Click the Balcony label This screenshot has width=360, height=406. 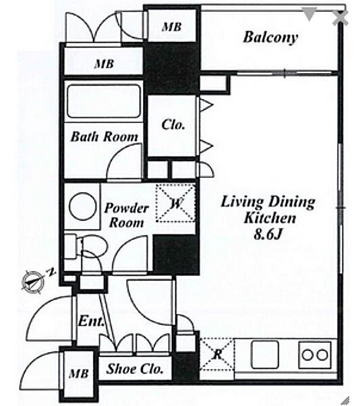coord(271,37)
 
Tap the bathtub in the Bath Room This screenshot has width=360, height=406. coord(104,101)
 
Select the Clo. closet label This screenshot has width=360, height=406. coord(173,125)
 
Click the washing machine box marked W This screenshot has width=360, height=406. coord(175,203)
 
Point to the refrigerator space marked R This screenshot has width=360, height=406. coord(217,354)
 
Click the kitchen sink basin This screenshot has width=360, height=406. coord(265,355)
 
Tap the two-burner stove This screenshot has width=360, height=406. coord(315,355)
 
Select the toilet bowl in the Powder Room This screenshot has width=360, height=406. coord(93,246)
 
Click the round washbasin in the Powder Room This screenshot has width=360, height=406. coord(83,206)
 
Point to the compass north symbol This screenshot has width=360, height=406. coord(32,281)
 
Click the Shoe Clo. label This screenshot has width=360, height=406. coord(135,369)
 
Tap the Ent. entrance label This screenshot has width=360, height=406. coord(91,321)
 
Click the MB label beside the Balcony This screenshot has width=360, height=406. coord(172,27)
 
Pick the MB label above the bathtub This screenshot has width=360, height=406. coord(104,64)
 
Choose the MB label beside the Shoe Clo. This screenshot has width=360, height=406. coord(78,374)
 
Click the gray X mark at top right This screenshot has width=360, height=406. coord(340,18)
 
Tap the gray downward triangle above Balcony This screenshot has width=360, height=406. coord(309,14)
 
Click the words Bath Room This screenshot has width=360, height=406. coord(104,137)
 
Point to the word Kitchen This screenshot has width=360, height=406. coord(270,219)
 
